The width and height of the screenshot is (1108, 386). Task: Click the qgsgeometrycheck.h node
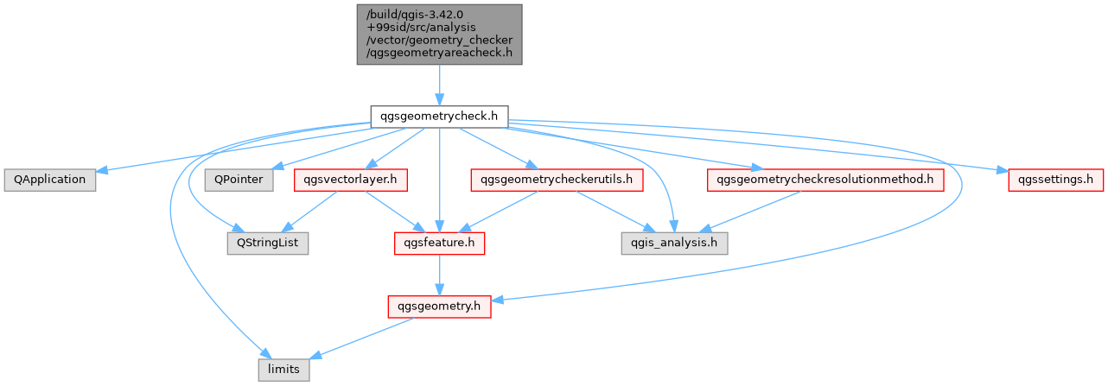pos(439,116)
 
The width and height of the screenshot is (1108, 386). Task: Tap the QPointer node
pos(239,180)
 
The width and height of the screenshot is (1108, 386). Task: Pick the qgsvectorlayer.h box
pos(351,180)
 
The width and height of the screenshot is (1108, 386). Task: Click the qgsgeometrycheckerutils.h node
pos(557,180)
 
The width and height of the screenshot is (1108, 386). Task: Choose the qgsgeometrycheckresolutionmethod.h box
pos(825,180)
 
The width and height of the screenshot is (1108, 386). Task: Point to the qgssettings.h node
pos(1055,180)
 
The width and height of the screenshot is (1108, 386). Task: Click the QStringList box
pos(267,244)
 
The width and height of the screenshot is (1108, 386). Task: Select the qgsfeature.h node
pos(439,244)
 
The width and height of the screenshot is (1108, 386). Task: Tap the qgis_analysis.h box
pos(674,244)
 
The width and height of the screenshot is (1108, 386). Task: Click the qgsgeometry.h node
pos(439,306)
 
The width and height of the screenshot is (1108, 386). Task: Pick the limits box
pos(284,370)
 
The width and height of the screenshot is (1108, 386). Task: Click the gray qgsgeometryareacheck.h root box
pos(439,34)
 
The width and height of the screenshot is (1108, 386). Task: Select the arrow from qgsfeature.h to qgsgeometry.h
pos(439,275)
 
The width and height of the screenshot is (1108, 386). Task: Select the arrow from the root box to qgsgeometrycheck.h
pos(439,85)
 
